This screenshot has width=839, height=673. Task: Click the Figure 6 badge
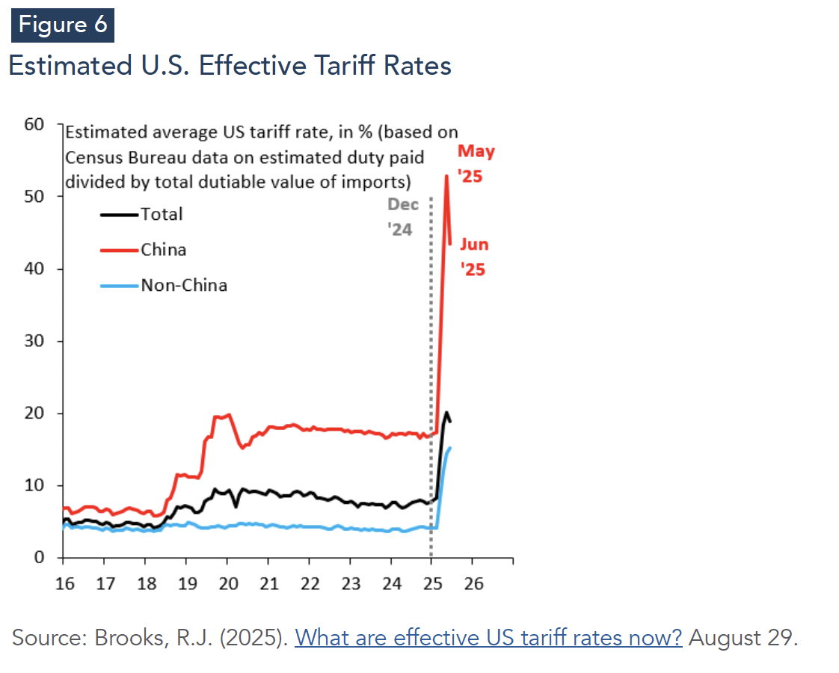(63, 25)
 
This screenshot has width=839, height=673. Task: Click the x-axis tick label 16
(65, 583)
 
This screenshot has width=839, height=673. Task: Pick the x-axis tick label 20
(228, 583)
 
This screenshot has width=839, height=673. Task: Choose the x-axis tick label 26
(474, 583)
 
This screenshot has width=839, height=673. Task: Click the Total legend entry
(162, 214)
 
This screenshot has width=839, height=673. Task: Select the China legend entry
(163, 250)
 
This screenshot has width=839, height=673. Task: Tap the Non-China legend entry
(184, 285)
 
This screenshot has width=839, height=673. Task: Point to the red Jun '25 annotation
(473, 257)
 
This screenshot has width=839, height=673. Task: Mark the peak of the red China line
(446, 176)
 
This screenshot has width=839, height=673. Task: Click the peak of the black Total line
(446, 413)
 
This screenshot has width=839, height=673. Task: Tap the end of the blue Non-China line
(450, 448)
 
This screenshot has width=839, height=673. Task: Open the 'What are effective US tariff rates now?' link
(488, 638)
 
